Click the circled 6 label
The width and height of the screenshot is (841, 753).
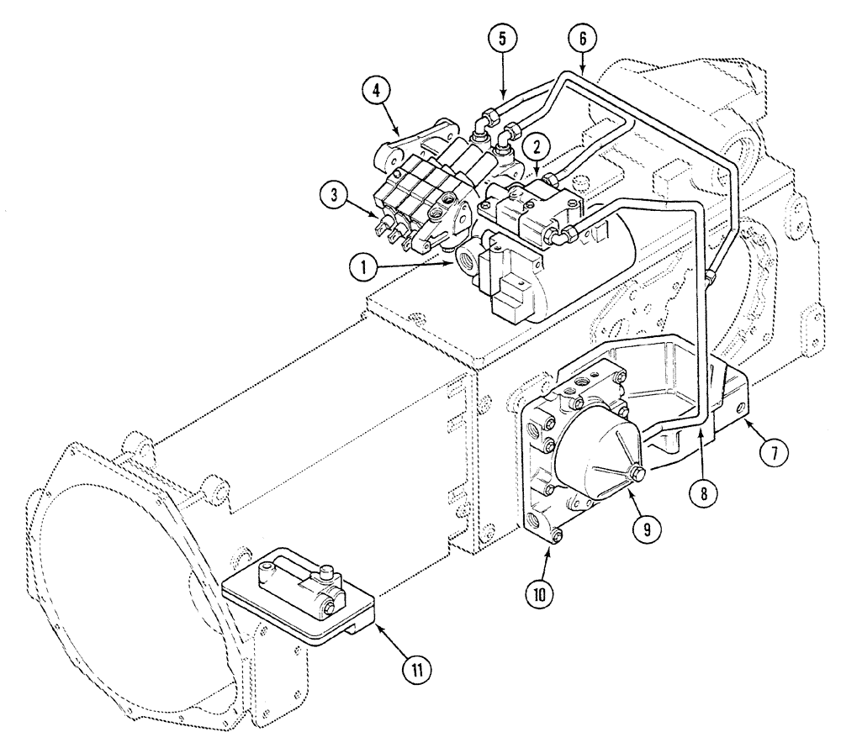point(582,38)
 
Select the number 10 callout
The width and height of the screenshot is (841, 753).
point(538,593)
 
